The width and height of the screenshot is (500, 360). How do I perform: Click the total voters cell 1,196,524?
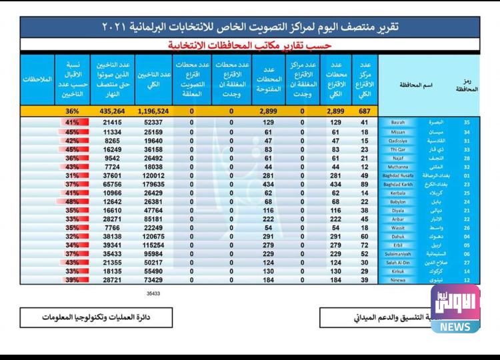pyautogui.click(x=153, y=111)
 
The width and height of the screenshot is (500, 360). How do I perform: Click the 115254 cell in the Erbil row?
pyautogui.click(x=153, y=244)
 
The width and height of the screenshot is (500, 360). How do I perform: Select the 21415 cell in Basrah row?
pyautogui.click(x=111, y=123)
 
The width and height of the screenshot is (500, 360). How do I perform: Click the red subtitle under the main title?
pyautogui.click(x=250, y=44)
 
